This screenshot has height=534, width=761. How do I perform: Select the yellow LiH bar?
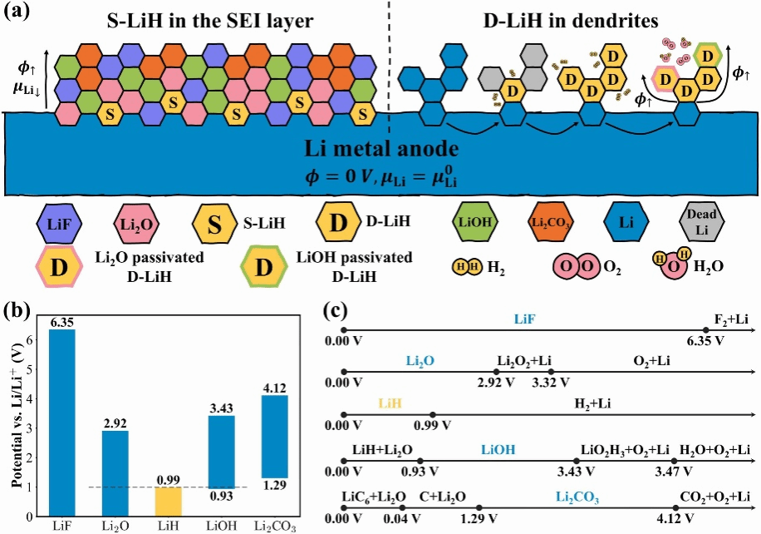coord(169,501)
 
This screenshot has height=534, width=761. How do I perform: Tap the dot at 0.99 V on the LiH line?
coord(432,414)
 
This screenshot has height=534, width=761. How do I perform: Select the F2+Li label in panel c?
coord(731,320)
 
